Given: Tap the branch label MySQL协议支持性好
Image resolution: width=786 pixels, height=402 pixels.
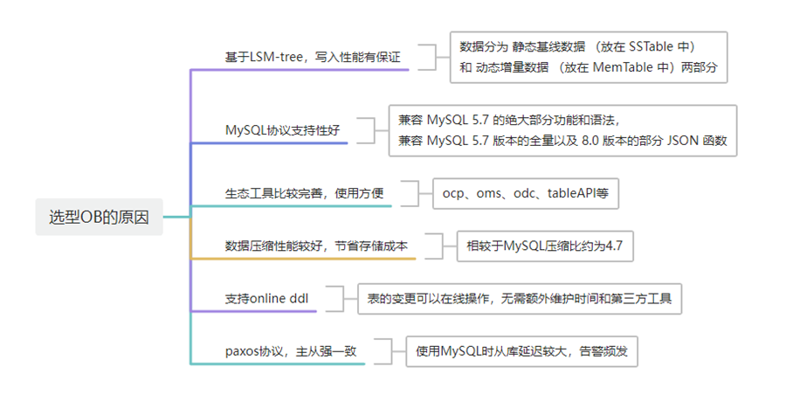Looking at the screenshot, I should [x=282, y=130].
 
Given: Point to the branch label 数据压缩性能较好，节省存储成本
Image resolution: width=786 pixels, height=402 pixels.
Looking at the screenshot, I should [x=315, y=246].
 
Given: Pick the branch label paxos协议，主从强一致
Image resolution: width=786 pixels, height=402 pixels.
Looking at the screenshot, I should [x=289, y=350].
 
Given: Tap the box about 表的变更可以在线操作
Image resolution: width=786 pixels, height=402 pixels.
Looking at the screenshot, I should [x=520, y=298].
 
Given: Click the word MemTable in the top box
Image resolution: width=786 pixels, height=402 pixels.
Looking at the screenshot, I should [x=617, y=67].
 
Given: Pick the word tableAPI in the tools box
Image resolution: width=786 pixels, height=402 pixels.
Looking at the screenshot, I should [x=572, y=192].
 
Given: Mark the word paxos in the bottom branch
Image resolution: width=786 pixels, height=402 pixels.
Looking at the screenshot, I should [x=243, y=350].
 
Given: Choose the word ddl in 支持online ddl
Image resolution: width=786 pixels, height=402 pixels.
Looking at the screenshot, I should [x=298, y=298].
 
